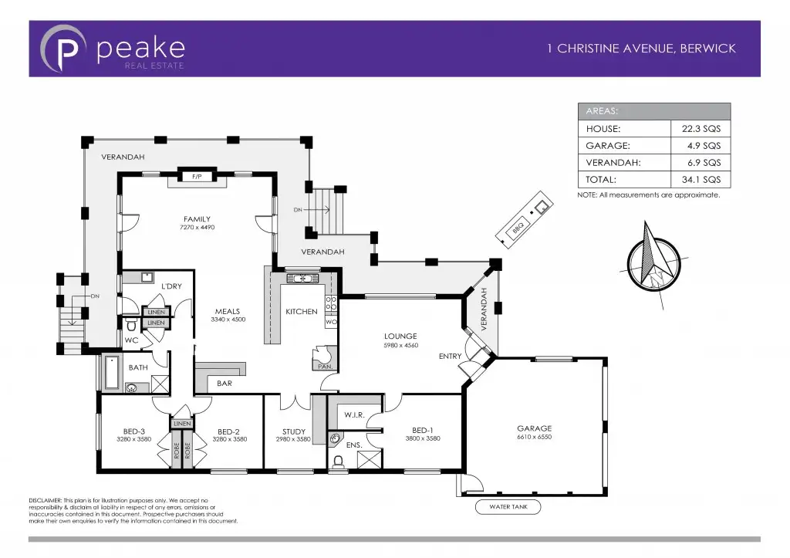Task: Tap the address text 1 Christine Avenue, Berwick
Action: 641,48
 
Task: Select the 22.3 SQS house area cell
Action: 701,129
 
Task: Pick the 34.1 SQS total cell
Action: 701,180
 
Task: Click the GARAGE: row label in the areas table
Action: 609,146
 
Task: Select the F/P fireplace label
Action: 197,177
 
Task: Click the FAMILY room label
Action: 197,219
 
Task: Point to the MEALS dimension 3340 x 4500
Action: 228,320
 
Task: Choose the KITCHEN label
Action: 301,312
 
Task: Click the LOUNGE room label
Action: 400,336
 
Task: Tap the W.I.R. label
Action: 354,415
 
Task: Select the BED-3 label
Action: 134,431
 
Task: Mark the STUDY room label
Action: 293,431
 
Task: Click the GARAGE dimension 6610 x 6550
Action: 535,438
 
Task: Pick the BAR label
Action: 225,383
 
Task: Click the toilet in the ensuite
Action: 338,462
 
